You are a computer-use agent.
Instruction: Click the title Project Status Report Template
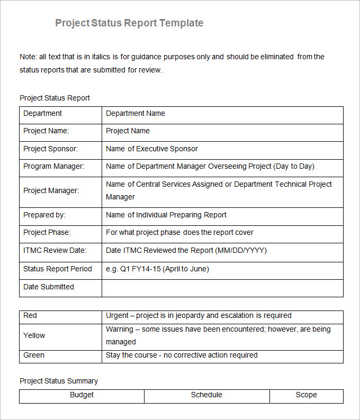pyautogui.click(x=129, y=23)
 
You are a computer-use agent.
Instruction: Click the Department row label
pyautogui.click(x=42, y=113)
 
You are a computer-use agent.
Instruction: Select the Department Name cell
pyautogui.click(x=136, y=113)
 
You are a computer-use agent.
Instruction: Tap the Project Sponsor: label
pyautogui.click(x=50, y=149)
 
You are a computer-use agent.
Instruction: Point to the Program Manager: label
pyautogui.click(x=53, y=166)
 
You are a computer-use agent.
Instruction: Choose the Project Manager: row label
pyautogui.click(x=51, y=190)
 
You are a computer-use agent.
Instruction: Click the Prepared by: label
pyautogui.click(x=44, y=215)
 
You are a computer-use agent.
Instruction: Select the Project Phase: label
pyautogui.click(x=47, y=232)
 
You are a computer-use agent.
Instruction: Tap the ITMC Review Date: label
pyautogui.click(x=55, y=250)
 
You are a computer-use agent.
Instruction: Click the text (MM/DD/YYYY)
pyautogui.click(x=241, y=250)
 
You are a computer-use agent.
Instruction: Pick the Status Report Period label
pyautogui.click(x=57, y=269)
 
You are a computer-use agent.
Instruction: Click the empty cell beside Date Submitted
pyautogui.click(x=222, y=287)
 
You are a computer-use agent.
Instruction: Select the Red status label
pyautogui.click(x=30, y=315)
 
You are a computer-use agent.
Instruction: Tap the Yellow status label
pyautogui.click(x=34, y=335)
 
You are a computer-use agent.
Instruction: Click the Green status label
pyautogui.click(x=34, y=355)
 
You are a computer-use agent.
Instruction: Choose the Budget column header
pyautogui.click(x=82, y=395)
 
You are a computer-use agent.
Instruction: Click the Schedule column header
pyautogui.click(x=206, y=395)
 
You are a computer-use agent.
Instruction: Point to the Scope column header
pyautogui.click(x=306, y=395)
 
